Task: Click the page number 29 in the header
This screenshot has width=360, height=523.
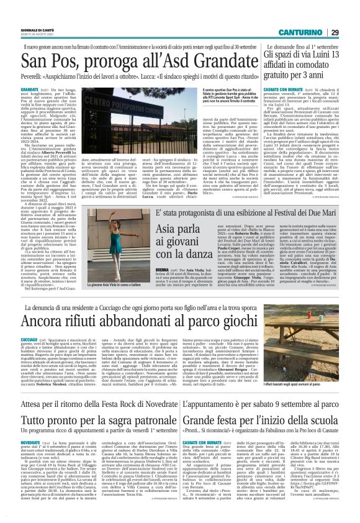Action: tap(351, 15)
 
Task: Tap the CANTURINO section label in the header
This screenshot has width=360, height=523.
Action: tap(316, 15)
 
